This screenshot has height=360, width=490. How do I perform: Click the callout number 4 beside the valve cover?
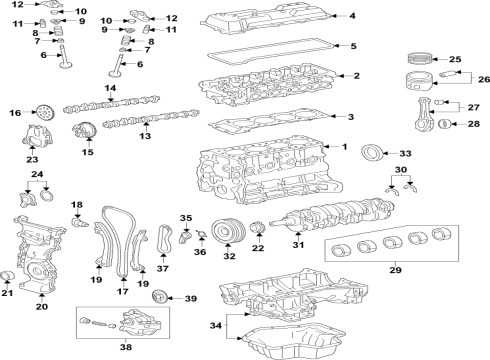pyautogui.click(x=352, y=16)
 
